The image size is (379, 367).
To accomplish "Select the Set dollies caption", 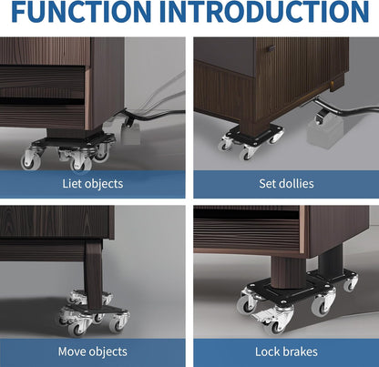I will [x=285, y=183].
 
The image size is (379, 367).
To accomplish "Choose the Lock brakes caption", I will [x=285, y=351].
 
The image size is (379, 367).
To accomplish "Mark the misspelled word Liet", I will [x=72, y=183].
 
